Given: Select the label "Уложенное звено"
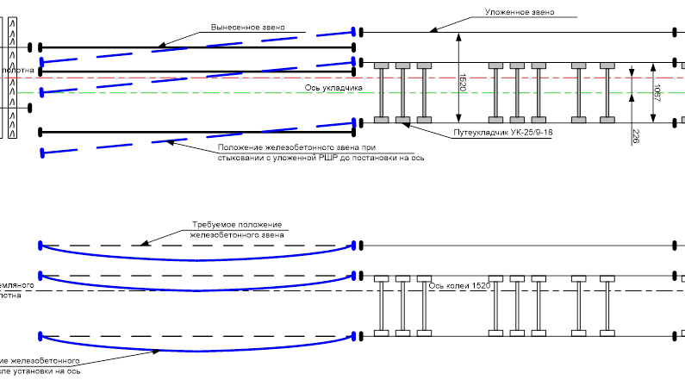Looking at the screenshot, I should click(520, 13).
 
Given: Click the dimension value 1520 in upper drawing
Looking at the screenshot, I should click(463, 83).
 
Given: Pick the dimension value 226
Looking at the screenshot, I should click(636, 137).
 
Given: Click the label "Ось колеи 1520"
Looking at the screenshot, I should click(459, 285).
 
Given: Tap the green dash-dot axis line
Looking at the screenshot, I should click(215, 93).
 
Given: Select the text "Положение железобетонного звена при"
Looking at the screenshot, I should click(292, 147).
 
